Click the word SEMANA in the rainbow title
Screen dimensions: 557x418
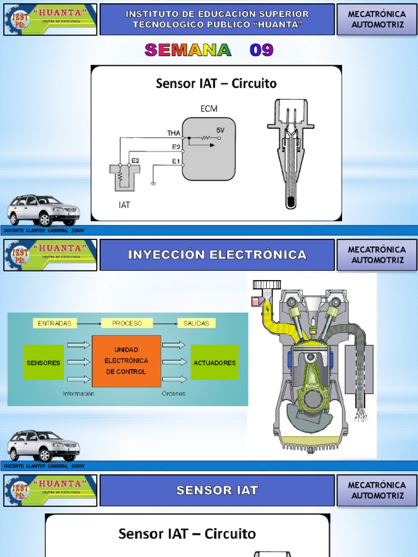coord(188,51)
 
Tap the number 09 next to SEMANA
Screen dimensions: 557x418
coord(261,51)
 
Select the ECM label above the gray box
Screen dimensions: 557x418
coord(208,108)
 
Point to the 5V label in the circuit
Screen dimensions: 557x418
coord(220,131)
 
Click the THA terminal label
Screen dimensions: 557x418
coord(173,133)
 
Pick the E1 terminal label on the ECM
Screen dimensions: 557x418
coord(176,161)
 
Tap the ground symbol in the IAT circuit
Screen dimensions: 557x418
coord(154,184)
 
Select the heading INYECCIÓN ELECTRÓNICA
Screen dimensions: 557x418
coord(217,255)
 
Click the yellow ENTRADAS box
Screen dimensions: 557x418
coord(54,323)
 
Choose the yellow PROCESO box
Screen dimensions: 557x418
coord(127,323)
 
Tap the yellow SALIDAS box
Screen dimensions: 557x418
coord(196,323)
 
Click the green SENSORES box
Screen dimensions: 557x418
coord(44,362)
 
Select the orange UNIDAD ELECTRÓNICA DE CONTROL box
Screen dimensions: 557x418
coord(126,361)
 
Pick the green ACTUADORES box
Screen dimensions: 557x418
coord(214,362)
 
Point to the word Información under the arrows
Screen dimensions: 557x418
coord(78,393)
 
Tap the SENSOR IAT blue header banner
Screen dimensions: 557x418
coord(217,490)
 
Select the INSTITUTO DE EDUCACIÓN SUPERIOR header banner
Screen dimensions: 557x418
coord(217,19)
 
